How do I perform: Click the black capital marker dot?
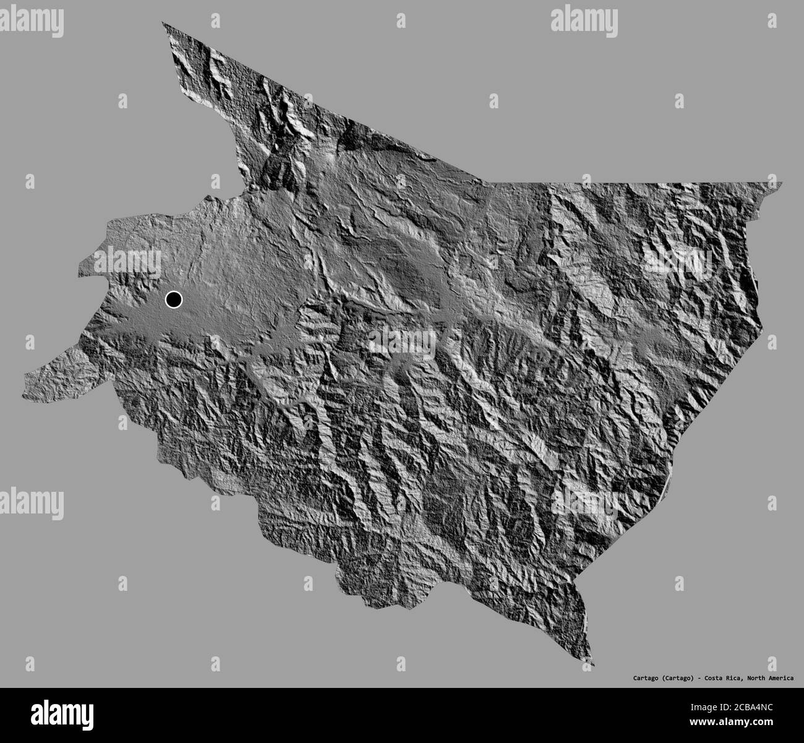[x=174, y=300]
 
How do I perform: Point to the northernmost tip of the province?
[x=163, y=23]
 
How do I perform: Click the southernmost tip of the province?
[x=593, y=665]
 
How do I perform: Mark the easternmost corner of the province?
[x=782, y=183]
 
